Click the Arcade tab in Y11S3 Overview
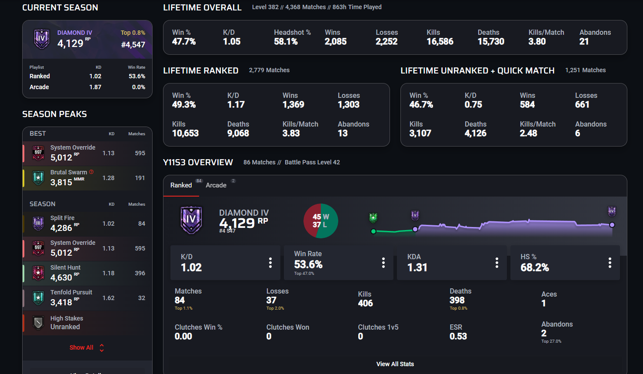[216, 185]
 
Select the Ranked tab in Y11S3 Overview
[181, 185]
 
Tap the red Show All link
[81, 347]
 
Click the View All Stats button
[395, 364]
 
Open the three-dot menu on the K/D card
[270, 263]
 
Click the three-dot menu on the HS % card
[610, 263]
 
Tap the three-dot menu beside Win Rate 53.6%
[383, 263]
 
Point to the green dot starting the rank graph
[373, 231]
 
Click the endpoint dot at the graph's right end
[612, 225]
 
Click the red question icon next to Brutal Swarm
[91, 172]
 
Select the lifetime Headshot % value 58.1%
[286, 42]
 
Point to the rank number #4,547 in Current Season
[133, 44]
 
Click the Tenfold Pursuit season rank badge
[38, 298]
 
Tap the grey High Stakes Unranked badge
[38, 323]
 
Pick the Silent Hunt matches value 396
[140, 273]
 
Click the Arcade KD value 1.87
[95, 87]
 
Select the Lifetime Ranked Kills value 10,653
[185, 133]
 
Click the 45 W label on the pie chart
[321, 217]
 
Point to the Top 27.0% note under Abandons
[551, 341]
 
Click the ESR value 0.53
[458, 336]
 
